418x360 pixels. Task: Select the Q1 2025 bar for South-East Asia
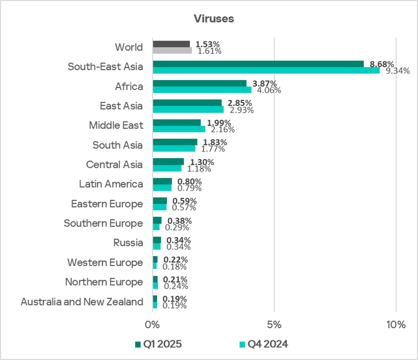258,64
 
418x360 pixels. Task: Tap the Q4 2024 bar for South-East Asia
266,70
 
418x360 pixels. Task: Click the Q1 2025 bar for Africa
199,83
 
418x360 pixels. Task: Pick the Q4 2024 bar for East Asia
188,109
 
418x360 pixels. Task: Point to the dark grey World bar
171,44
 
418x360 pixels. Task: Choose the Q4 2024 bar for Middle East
179,129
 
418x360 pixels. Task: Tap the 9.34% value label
396,71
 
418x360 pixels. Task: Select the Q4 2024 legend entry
266,344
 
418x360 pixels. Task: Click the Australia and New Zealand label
82,302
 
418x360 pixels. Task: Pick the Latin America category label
111,184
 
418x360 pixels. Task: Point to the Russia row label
128,243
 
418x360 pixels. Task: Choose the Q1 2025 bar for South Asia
175,142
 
